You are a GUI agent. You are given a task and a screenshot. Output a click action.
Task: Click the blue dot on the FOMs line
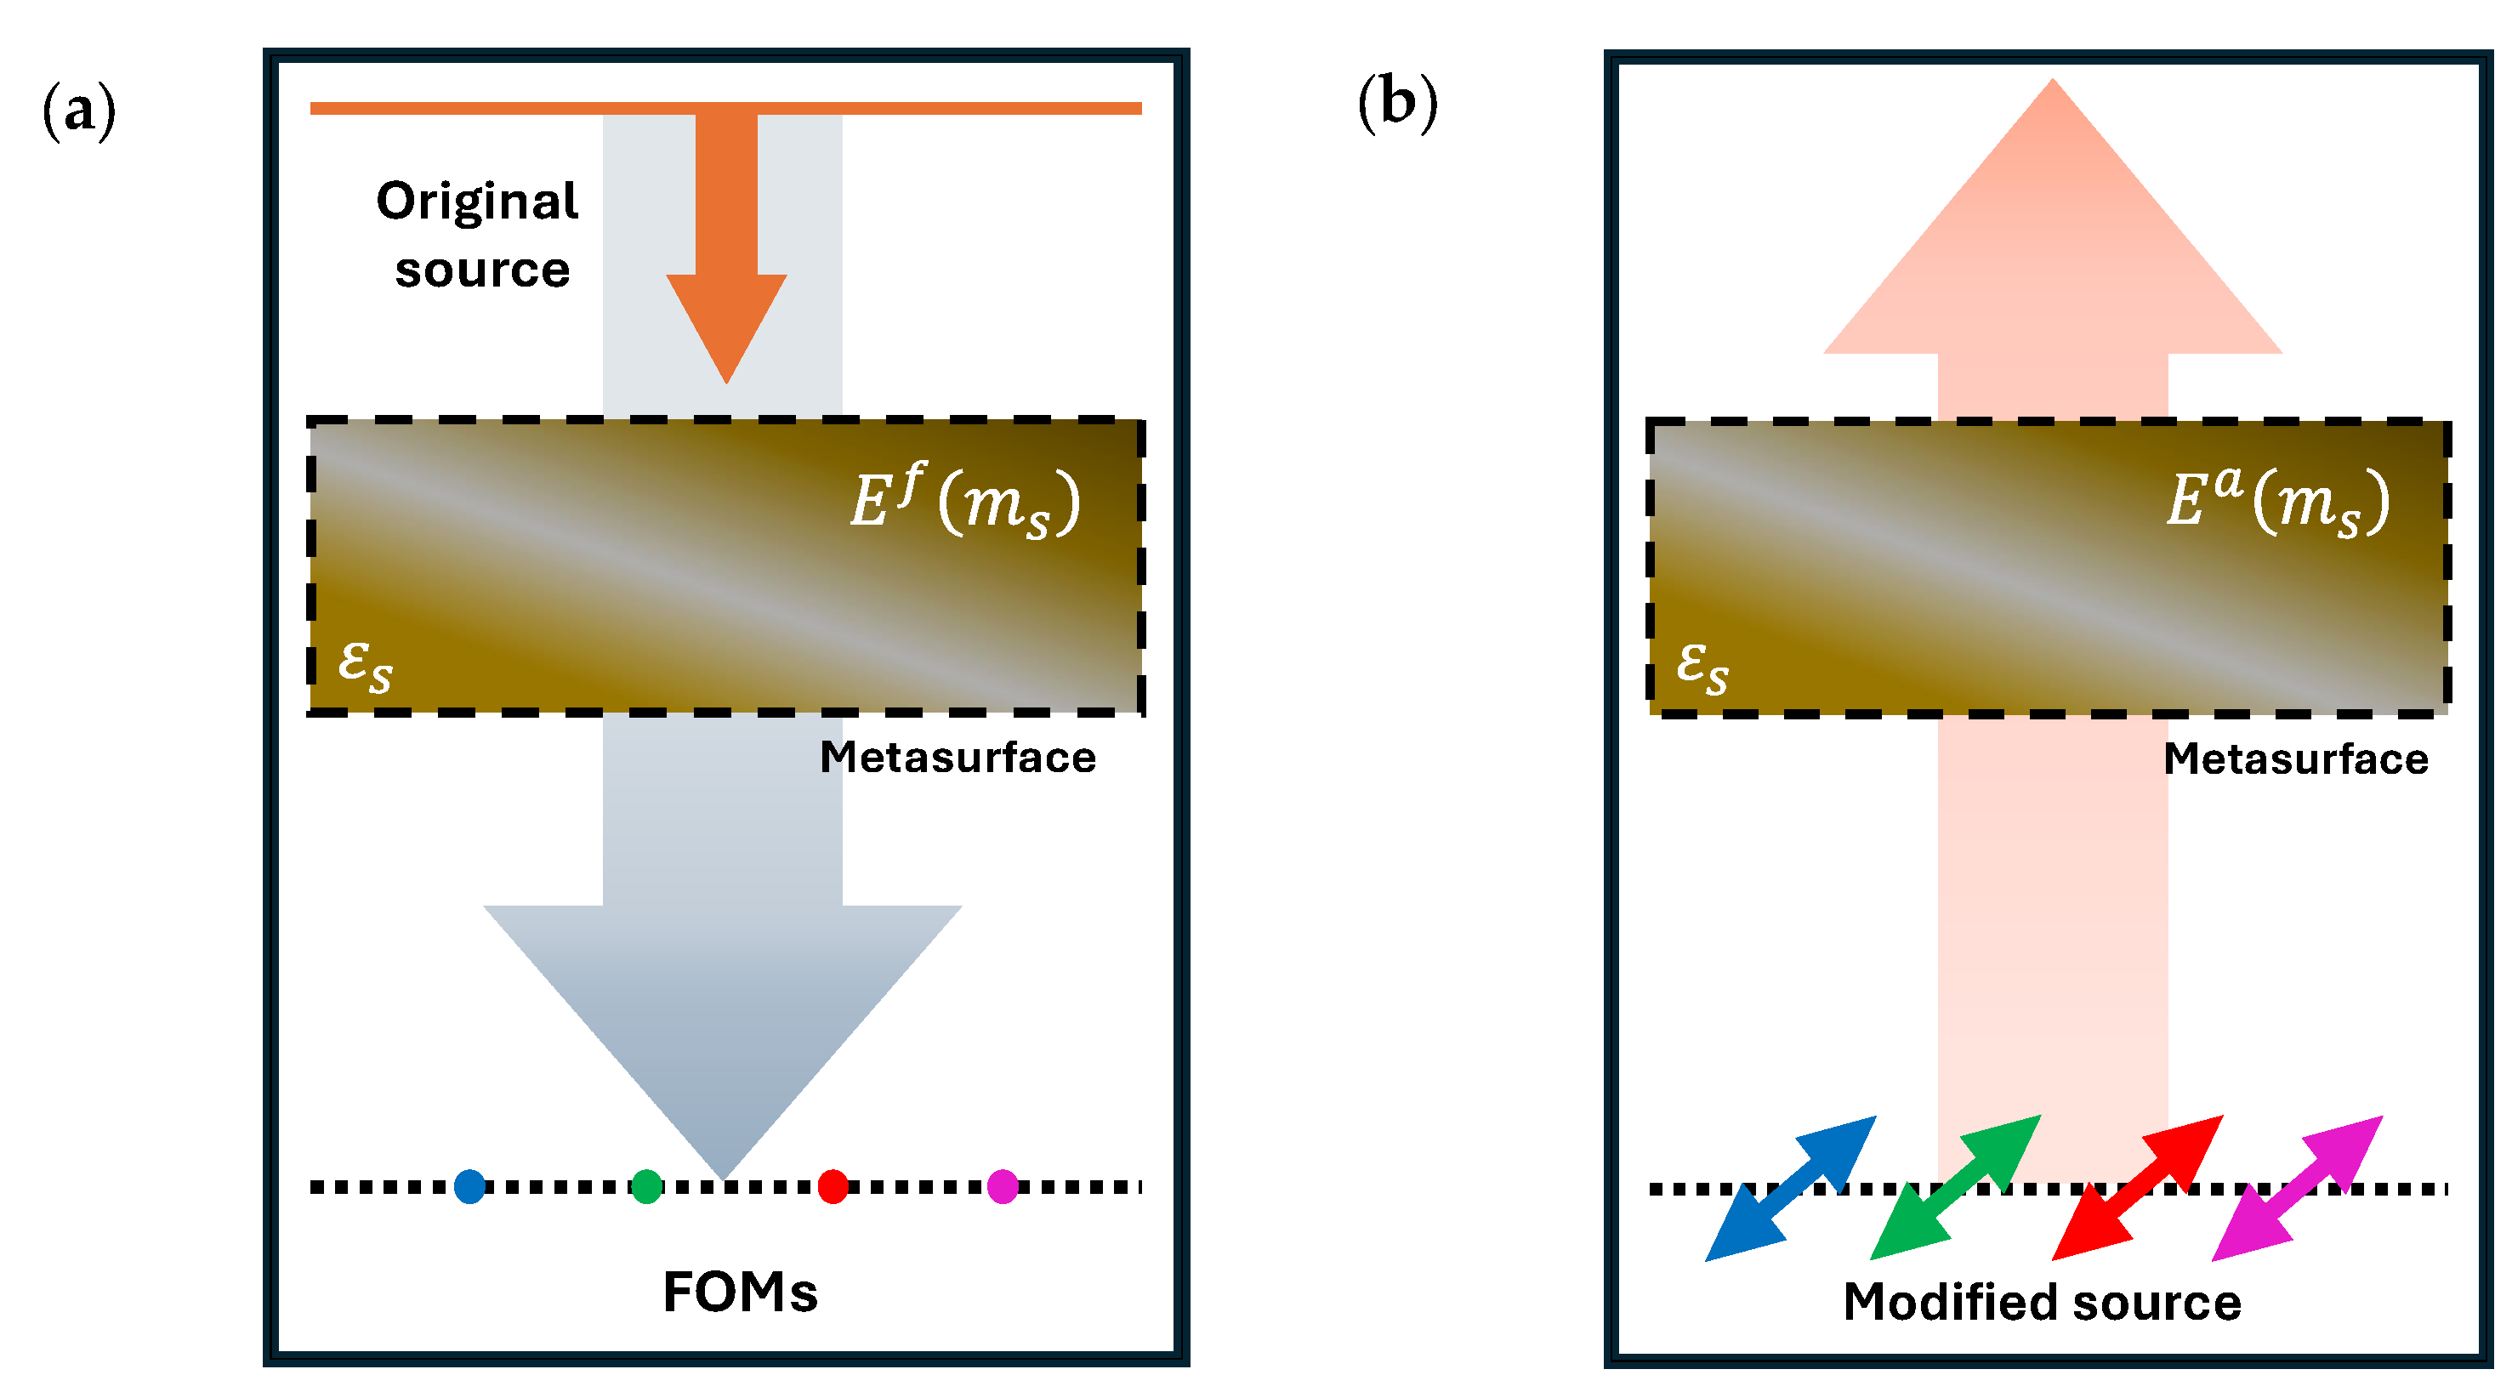469,1186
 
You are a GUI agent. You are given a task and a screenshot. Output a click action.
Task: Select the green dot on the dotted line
646,1186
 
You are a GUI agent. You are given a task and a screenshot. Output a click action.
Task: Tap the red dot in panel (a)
833,1186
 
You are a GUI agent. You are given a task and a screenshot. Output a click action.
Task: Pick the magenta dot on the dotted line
1003,1186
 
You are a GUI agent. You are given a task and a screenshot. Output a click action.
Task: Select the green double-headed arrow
1955,1187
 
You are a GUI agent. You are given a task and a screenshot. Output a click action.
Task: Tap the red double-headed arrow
2137,1187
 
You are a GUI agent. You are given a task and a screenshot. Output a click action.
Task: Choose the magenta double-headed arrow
2297,1187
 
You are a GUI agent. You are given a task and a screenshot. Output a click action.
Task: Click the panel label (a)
79,111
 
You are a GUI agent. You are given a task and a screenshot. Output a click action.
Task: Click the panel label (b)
1397,102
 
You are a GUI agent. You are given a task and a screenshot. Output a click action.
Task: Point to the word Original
478,202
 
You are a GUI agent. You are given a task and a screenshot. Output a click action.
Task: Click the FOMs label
740,1293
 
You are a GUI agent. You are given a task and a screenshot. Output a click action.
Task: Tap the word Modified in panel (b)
1947,1303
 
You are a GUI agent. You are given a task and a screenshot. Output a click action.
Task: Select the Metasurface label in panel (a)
958,758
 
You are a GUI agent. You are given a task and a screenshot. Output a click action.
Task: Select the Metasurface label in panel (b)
2295,759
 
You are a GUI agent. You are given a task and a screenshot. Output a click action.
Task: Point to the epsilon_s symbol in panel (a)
365,666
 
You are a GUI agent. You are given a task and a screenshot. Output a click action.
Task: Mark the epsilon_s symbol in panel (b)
1702,667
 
